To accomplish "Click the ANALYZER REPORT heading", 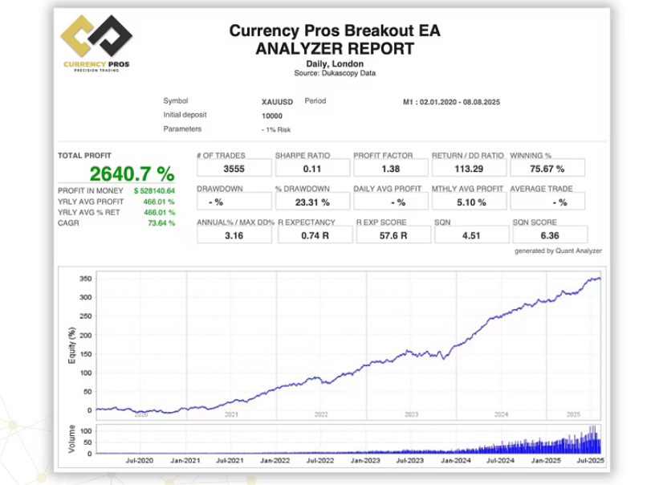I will coord(335,48).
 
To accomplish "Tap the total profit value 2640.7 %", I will coord(132,173).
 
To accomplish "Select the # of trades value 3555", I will coord(234,169).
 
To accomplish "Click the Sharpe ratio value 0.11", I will coord(312,169).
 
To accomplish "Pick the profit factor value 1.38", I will coord(390,169).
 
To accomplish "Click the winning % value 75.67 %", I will coord(548,169).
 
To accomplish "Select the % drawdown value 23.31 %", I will coord(312,202).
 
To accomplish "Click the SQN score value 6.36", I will coord(548,235).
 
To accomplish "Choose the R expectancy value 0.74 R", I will coord(312,235).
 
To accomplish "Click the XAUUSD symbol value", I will coord(277,103).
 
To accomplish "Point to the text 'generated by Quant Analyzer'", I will coord(558,251).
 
